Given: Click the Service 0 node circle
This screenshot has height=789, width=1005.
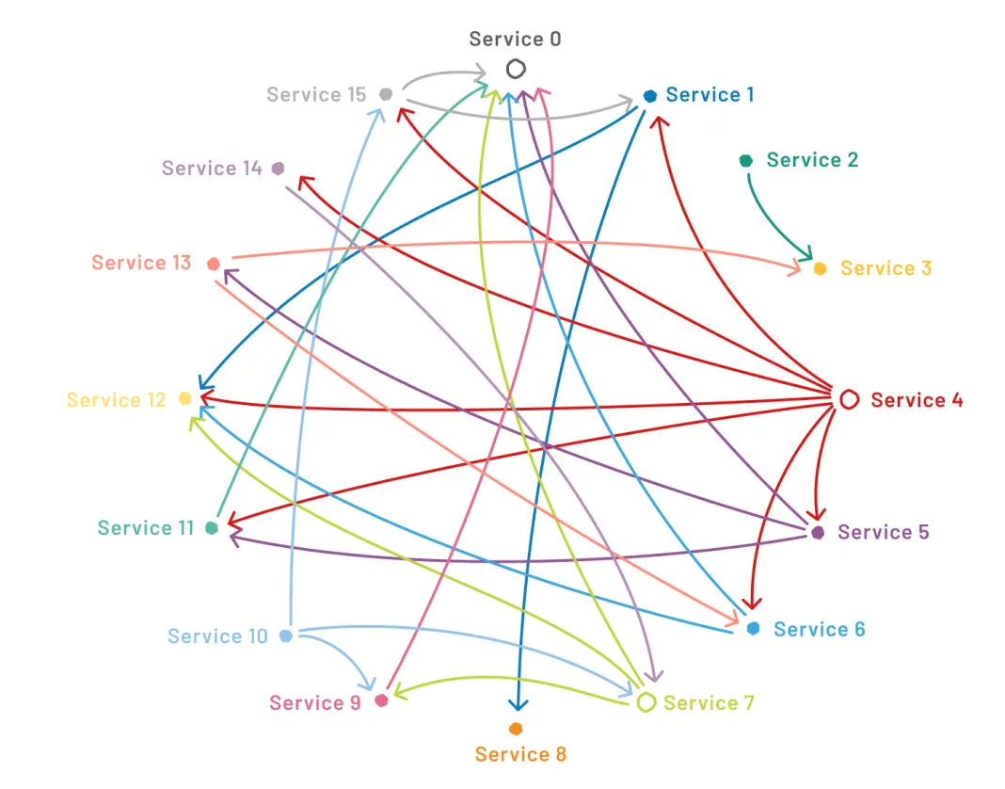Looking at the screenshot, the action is coord(516,69).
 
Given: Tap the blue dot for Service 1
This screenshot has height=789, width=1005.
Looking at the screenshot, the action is coord(650,96).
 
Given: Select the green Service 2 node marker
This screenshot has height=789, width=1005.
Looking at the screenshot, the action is coord(746,160).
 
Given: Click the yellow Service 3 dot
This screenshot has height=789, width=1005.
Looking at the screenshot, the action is coord(820,268).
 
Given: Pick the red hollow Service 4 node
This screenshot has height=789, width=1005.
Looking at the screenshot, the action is coord(849,399).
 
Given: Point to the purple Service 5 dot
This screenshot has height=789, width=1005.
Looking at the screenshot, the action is coord(818,532).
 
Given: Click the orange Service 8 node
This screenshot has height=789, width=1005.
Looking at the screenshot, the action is coord(516,729).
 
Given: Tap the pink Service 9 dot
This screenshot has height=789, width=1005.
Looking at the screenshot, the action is coord(382,700).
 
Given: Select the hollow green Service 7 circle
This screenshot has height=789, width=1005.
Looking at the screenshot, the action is coord(646,702).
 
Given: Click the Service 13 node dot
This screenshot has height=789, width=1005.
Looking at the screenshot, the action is coord(214,264).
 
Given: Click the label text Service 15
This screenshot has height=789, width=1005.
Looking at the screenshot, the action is coord(316,95).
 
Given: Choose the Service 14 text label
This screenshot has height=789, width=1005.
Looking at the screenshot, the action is coord(212,169).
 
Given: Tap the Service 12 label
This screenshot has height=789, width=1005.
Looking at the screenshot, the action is coord(116,400).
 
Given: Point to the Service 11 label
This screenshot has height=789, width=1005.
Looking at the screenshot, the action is coord(146,528).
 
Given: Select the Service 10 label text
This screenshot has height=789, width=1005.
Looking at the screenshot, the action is coord(217,636).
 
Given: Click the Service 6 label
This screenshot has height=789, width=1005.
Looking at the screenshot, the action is coord(819,629).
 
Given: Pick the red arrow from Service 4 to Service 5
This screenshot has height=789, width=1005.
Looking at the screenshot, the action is coord(821,462).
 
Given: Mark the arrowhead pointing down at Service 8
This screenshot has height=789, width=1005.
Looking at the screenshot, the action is coord(518,705).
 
